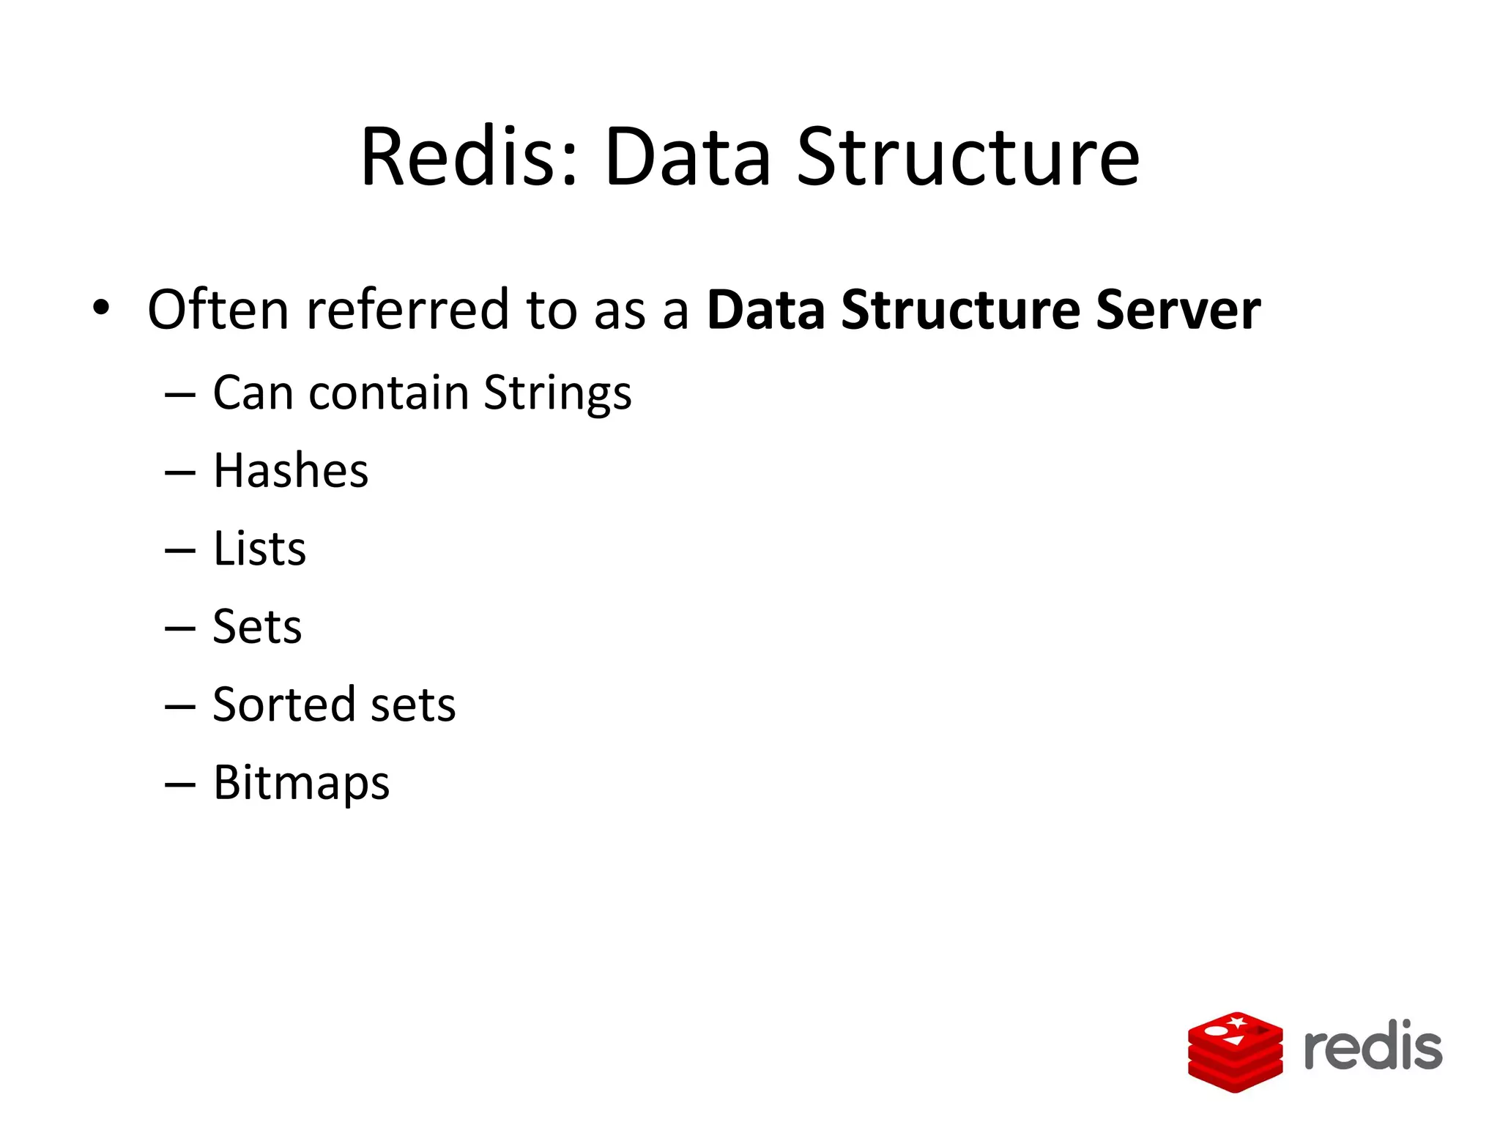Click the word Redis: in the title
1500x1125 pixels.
[x=469, y=157]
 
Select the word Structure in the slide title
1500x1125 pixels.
[x=968, y=157]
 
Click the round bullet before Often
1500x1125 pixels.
[x=101, y=308]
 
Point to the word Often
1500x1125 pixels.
[x=218, y=309]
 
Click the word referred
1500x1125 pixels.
[x=407, y=309]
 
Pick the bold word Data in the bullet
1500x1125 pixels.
[x=766, y=309]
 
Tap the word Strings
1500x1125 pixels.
[x=557, y=393]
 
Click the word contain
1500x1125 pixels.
[x=388, y=393]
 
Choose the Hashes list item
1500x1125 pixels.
[x=291, y=470]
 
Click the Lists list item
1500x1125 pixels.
[x=259, y=549]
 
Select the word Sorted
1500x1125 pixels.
[x=283, y=705]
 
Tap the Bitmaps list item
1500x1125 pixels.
[x=301, y=783]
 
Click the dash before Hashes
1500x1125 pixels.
[x=180, y=472]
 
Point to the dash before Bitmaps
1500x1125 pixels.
[x=180, y=784]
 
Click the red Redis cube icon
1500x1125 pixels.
[x=1235, y=1050]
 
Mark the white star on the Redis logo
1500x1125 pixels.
[x=1237, y=1021]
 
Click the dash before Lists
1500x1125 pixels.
[x=180, y=550]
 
